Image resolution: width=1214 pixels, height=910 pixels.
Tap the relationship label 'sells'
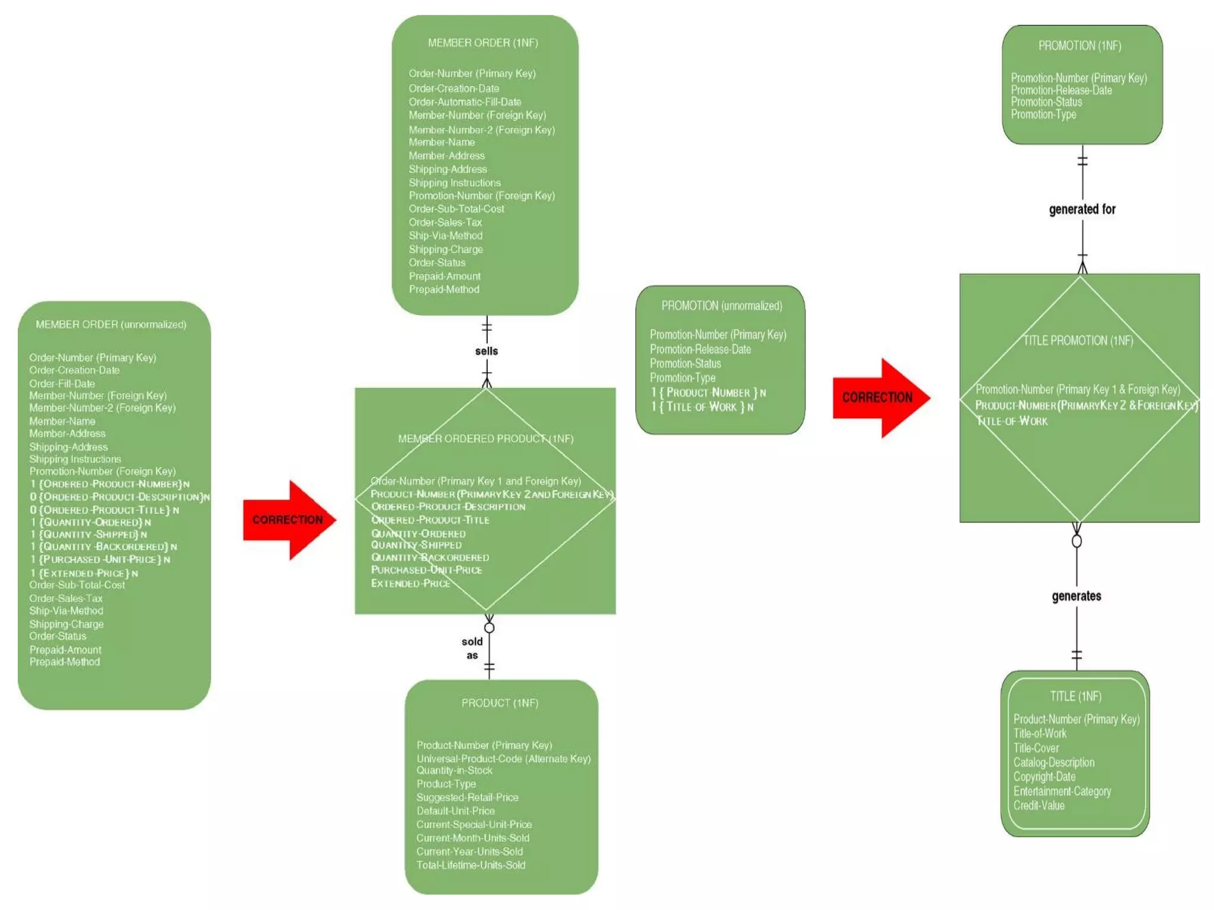pos(486,351)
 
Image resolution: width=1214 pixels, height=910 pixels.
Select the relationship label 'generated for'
pos(1082,209)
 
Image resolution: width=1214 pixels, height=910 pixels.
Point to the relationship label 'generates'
pos(1076,596)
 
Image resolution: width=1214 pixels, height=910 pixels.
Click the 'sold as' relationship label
pos(472,648)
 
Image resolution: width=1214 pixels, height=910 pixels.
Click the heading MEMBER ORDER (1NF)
pos(483,43)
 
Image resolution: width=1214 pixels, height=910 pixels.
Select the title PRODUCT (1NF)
pos(500,703)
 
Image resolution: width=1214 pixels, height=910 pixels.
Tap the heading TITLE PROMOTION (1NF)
pos(1078,341)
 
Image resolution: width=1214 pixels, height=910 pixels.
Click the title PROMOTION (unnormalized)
pos(721,306)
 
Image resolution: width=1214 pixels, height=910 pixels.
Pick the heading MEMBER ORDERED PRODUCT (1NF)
pos(485,438)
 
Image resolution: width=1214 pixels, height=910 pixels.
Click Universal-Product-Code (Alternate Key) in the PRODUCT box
pos(503,758)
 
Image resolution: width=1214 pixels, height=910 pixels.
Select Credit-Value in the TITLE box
pos(1039,806)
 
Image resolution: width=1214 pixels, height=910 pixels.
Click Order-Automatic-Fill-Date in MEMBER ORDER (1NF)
pos(465,102)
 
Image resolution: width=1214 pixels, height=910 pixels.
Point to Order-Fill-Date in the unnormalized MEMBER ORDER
pos(62,383)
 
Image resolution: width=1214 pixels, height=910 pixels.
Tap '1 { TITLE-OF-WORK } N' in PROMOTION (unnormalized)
pos(702,407)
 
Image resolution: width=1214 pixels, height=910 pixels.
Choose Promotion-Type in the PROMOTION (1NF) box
pos(1043,114)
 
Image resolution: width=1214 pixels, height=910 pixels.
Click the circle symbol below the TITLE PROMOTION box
pos(1076,541)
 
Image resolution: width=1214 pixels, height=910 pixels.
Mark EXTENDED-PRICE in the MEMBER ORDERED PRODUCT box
pos(410,584)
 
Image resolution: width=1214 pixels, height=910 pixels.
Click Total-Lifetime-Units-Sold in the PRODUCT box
pos(471,865)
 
